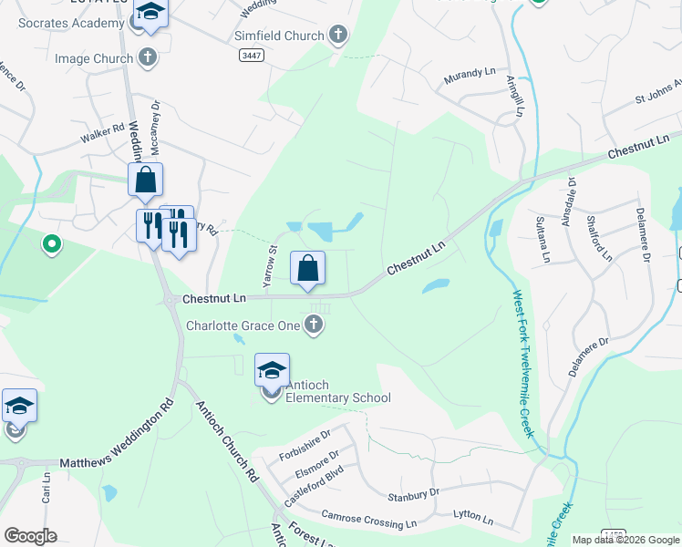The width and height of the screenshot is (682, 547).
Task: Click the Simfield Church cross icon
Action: coord(339,36)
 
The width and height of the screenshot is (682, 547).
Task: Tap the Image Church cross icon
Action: coord(148,59)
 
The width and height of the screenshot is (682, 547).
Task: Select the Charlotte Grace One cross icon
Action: coord(315,325)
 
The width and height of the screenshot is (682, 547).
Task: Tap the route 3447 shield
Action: coord(253,56)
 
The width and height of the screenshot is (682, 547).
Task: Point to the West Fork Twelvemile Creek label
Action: coord(522,364)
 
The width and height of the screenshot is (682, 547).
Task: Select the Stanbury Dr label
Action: coord(413,493)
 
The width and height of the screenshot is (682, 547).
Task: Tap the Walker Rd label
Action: coord(101,133)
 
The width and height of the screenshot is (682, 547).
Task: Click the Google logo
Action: coord(30,536)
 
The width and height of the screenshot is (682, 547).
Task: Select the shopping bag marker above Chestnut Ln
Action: coord(308,268)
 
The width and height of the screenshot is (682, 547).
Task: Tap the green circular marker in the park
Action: coord(52,244)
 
